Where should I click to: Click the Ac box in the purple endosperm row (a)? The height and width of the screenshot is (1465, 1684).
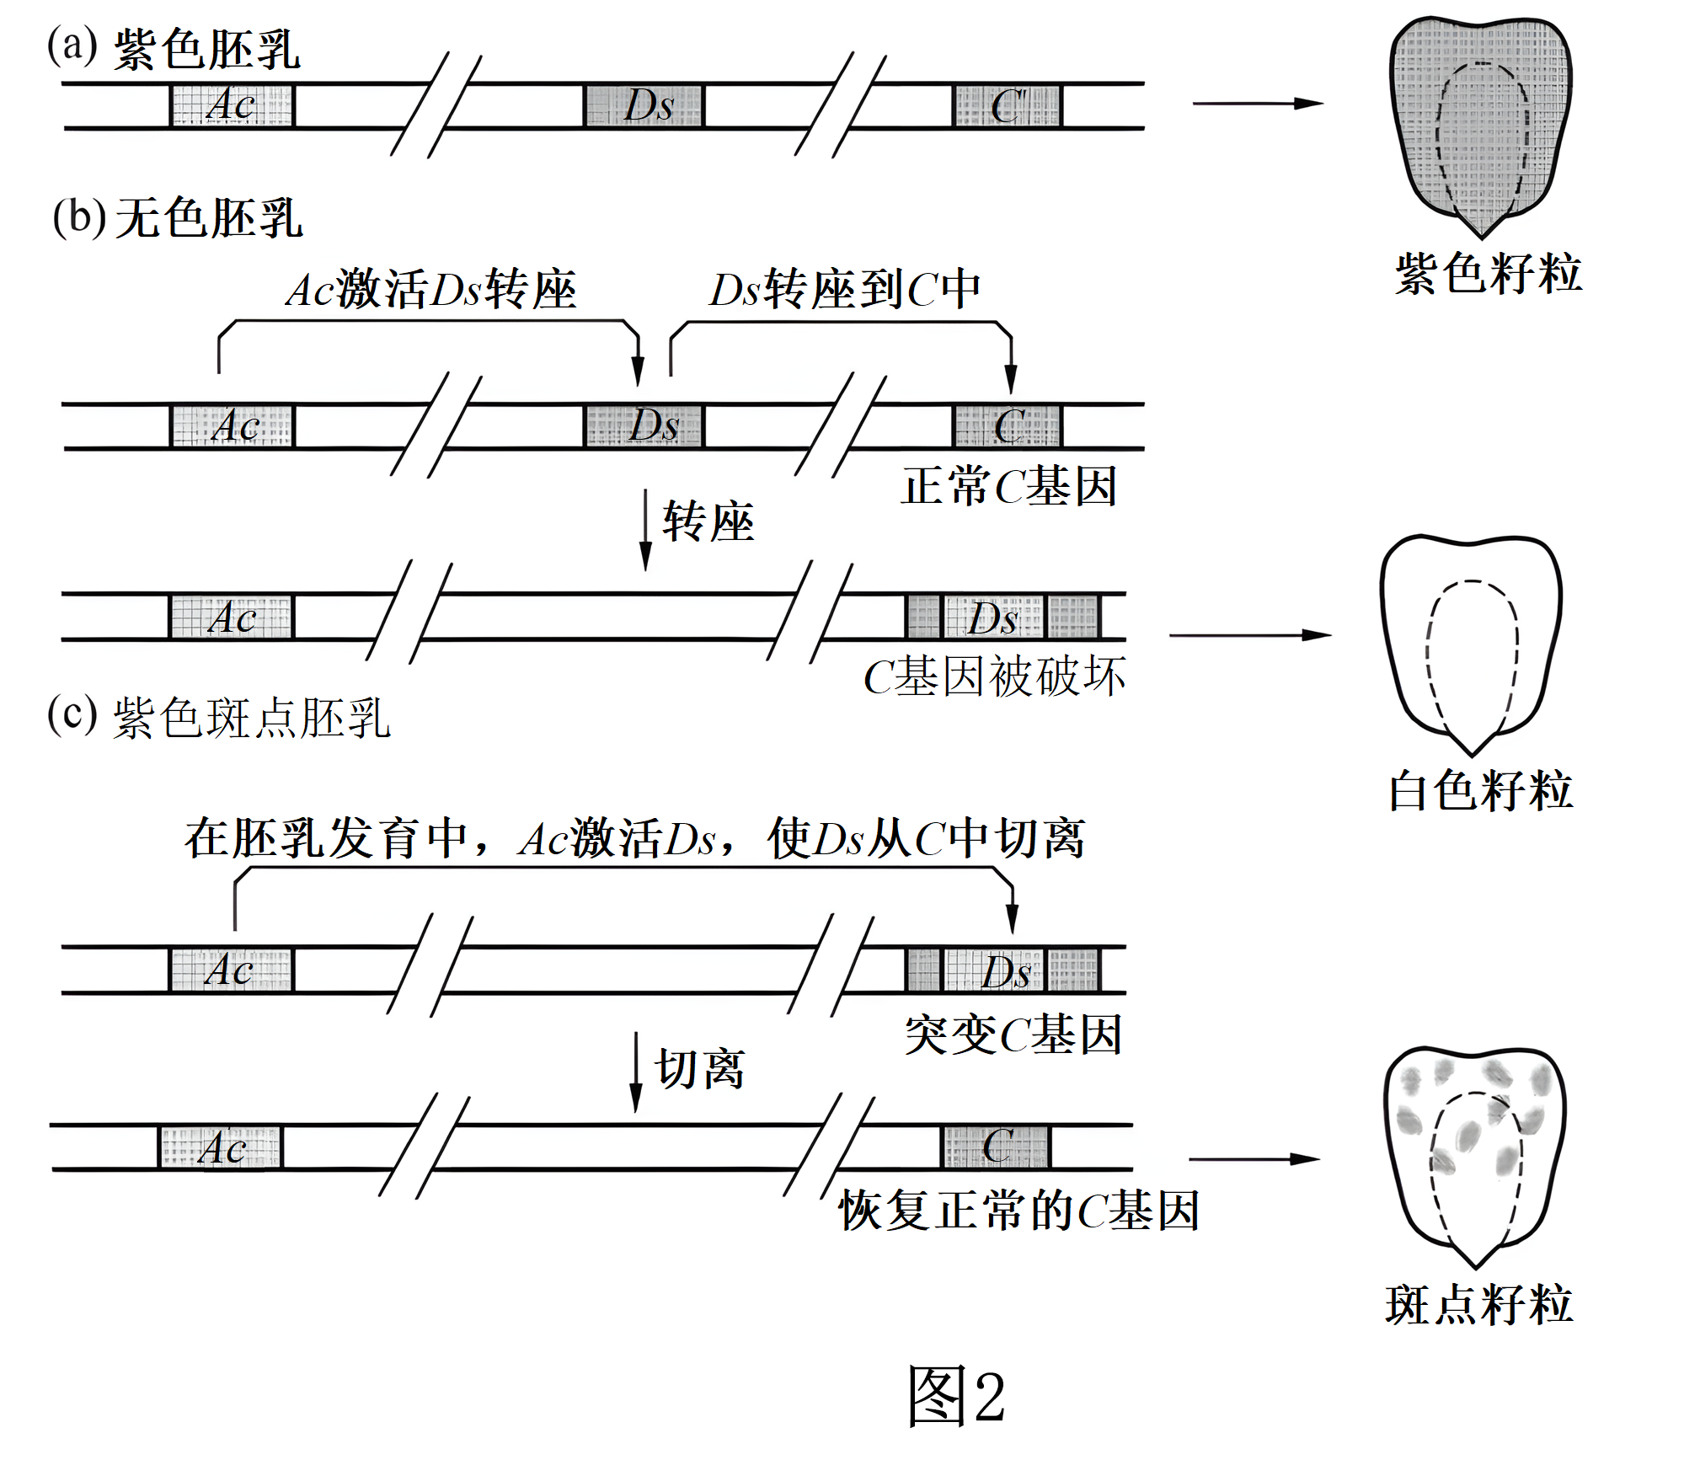click(233, 106)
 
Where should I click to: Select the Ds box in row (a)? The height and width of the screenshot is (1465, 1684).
click(644, 106)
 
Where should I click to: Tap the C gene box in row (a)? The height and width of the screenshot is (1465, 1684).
click(1008, 106)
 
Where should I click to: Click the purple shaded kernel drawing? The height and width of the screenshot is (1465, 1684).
click(1480, 126)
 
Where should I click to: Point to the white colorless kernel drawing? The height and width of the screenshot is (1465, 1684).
click(1471, 644)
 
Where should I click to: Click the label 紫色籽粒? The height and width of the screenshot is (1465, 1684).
click(1489, 274)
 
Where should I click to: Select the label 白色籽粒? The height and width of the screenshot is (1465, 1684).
click(1480, 790)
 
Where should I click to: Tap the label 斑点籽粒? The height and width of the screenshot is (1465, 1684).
click(1479, 1304)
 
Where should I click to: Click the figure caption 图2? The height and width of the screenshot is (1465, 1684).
click(956, 1396)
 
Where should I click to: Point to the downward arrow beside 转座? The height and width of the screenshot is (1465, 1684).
click(645, 530)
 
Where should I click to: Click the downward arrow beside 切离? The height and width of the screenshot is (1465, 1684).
click(637, 1072)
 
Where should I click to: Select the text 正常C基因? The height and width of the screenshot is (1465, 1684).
click(1009, 486)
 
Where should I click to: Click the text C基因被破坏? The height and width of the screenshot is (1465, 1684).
click(994, 676)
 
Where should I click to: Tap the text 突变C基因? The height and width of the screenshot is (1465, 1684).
click(1013, 1035)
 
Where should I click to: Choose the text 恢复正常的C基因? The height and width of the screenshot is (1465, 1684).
click(1018, 1211)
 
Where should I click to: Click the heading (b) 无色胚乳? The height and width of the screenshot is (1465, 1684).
click(177, 218)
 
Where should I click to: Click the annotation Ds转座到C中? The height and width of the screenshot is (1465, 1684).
click(845, 290)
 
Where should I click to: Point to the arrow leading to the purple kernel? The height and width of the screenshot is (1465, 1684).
click(1258, 104)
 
